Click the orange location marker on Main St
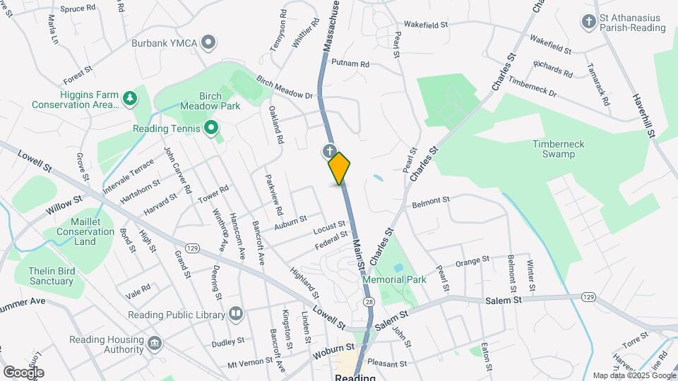pos(340,168)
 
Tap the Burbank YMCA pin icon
pos(208,43)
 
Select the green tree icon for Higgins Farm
pos(129,99)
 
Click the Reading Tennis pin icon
pos(210,128)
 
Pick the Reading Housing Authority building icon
pos(153,345)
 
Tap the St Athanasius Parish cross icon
pos(588,22)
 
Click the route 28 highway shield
pos(369,301)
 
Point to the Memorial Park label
pos(394,279)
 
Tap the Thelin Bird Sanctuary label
pos(50,276)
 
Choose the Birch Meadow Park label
pos(210,101)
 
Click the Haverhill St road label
pos(645,116)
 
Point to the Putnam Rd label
pos(350,64)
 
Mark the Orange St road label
pos(472,262)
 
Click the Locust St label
pos(328,229)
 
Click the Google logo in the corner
pos(23,372)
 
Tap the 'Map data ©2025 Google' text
pos(633,375)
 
